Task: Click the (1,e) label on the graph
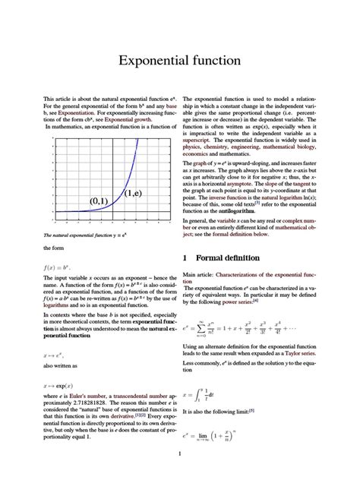pos(134,193)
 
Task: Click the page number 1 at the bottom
pos(179,454)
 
